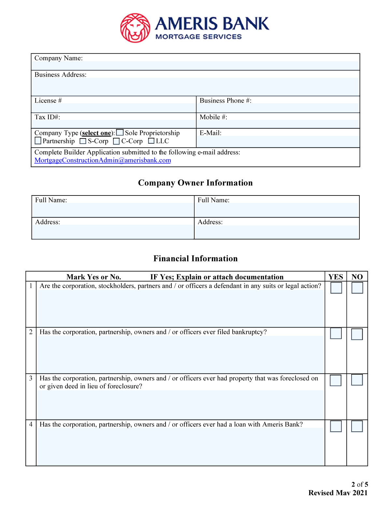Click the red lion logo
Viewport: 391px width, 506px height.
coord(135,28)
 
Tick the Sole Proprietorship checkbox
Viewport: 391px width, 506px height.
coord(120,133)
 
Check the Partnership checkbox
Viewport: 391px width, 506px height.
coord(38,141)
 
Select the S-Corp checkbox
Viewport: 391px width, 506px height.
coord(83,141)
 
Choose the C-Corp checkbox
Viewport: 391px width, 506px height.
coord(116,141)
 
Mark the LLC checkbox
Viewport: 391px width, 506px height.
coord(151,141)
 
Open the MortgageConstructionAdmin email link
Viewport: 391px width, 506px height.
coord(103,160)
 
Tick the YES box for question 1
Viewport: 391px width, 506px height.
coord(336,288)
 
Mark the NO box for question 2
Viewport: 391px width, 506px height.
coord(357,334)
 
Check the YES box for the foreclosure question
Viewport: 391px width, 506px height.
coord(336,380)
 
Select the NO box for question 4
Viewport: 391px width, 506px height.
coord(357,426)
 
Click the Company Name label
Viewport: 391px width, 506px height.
coord(59,58)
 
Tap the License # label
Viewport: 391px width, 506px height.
coord(48,101)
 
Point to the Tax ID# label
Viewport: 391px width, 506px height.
coord(47,117)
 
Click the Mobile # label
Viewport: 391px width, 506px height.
coord(213,117)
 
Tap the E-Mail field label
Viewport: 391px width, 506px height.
coord(210,133)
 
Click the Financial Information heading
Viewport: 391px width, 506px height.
coord(195,259)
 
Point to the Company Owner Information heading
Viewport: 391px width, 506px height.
coord(195,183)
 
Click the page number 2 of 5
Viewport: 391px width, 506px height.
coord(360,484)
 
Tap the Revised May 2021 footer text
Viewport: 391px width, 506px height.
coord(338,493)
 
